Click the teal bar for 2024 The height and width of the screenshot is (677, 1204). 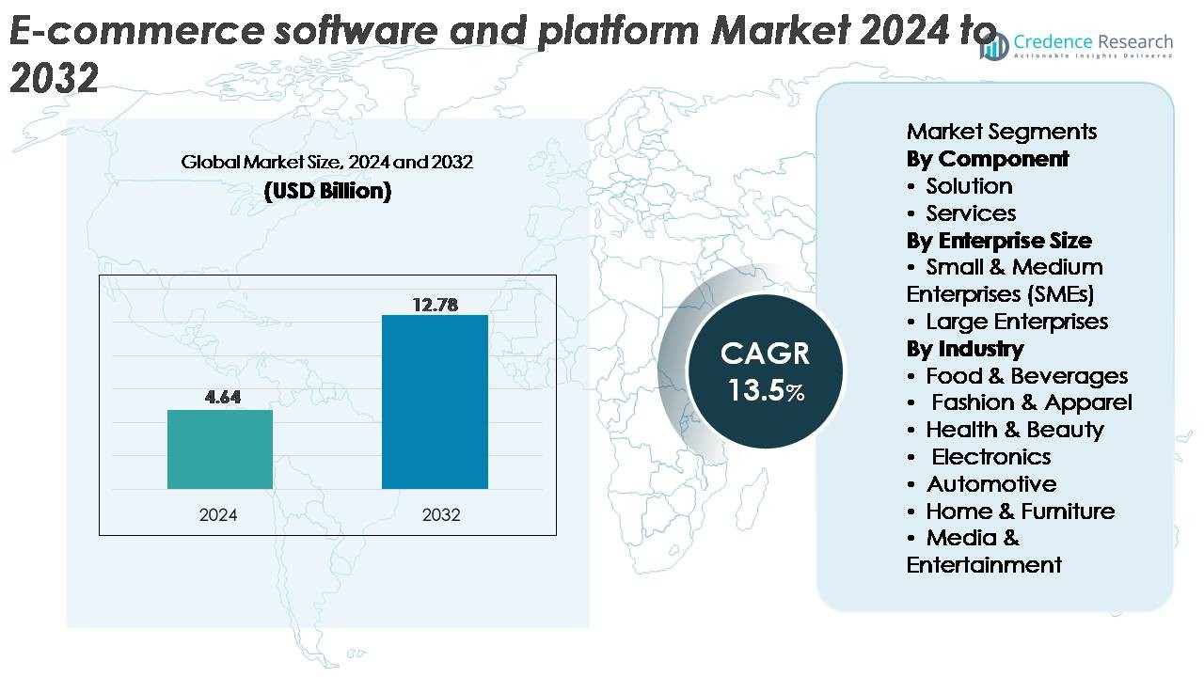click(220, 449)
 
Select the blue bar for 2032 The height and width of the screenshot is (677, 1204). click(435, 401)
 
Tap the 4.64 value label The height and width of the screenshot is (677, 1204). click(223, 397)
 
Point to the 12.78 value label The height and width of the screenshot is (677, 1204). click(435, 304)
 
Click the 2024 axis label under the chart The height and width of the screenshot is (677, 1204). click(218, 515)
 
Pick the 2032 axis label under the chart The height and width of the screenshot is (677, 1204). click(441, 515)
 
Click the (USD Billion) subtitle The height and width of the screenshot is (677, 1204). click(327, 191)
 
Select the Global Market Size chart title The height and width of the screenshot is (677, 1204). click(327, 162)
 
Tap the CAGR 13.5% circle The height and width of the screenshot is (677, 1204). click(765, 370)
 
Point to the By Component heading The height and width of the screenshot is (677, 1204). click(988, 159)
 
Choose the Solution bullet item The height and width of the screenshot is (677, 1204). click(969, 186)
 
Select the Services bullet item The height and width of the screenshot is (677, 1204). click(971, 213)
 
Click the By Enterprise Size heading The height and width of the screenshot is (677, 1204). click(999, 241)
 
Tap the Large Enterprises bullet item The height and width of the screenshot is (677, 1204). click(1016, 322)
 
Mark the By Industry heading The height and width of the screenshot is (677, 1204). click(965, 349)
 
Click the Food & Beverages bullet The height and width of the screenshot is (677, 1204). click(1026, 376)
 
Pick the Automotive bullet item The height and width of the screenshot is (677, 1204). click(991, 484)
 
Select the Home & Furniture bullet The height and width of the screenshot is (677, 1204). click(1020, 512)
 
